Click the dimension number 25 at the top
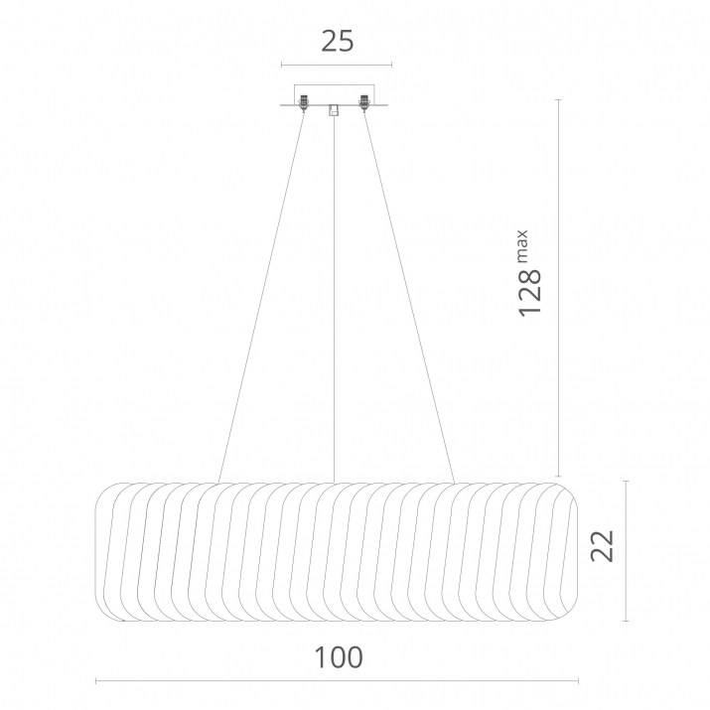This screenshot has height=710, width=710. pos(338,41)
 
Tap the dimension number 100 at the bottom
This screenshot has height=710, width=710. pos(339,657)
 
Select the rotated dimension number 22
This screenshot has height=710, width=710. pos(603,545)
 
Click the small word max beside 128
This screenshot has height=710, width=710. pos(522,246)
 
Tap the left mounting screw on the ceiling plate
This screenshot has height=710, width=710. pos(304,103)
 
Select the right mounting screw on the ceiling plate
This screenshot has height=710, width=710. pos(363,103)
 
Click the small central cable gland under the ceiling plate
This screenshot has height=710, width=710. pos(334,110)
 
